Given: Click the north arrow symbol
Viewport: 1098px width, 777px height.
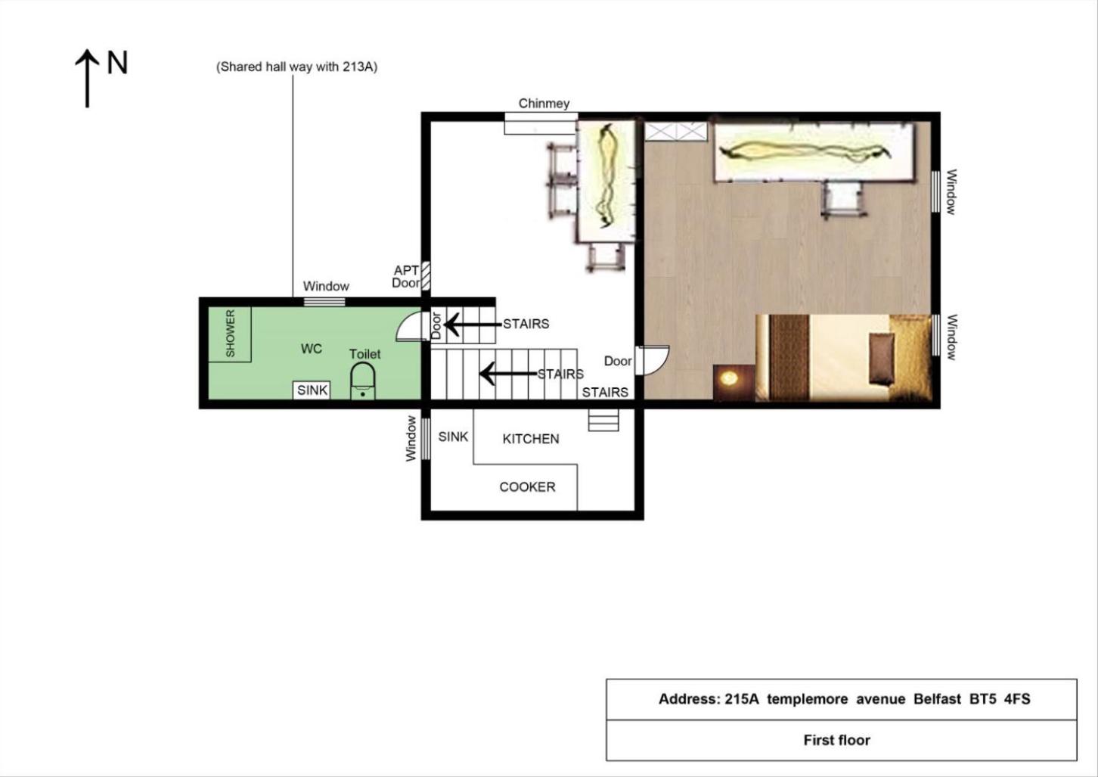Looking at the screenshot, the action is pyautogui.click(x=87, y=78).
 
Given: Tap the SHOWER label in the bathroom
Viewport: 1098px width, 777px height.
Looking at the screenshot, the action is pyautogui.click(x=230, y=334).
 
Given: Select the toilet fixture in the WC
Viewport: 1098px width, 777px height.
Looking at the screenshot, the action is pyautogui.click(x=363, y=381).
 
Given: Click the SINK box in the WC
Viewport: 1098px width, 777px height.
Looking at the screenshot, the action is pyautogui.click(x=312, y=390).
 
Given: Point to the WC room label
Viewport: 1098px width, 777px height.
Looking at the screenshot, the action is pyautogui.click(x=312, y=349).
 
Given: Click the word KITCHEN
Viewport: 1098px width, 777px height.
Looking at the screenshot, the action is pyautogui.click(x=531, y=439).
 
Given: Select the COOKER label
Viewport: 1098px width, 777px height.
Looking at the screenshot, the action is pyautogui.click(x=527, y=486).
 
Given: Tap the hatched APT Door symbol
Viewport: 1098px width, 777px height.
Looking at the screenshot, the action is pyautogui.click(x=426, y=275).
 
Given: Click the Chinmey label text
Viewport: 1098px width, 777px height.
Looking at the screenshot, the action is pyautogui.click(x=544, y=104).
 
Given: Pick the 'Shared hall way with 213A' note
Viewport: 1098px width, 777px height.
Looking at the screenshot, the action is pyautogui.click(x=297, y=67).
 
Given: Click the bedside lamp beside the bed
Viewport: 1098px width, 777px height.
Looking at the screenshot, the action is pyautogui.click(x=729, y=378).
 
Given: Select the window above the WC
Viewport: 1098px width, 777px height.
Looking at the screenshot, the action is pyautogui.click(x=324, y=302).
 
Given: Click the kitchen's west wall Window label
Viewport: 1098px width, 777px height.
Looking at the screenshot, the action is pyautogui.click(x=411, y=439).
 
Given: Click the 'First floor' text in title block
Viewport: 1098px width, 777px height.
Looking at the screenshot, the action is pyautogui.click(x=837, y=740).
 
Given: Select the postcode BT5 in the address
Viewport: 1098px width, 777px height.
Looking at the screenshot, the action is pyautogui.click(x=983, y=698).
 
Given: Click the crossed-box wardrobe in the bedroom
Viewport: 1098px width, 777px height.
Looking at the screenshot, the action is pyautogui.click(x=676, y=132).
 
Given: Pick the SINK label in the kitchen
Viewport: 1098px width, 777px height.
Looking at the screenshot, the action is pyautogui.click(x=453, y=437).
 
